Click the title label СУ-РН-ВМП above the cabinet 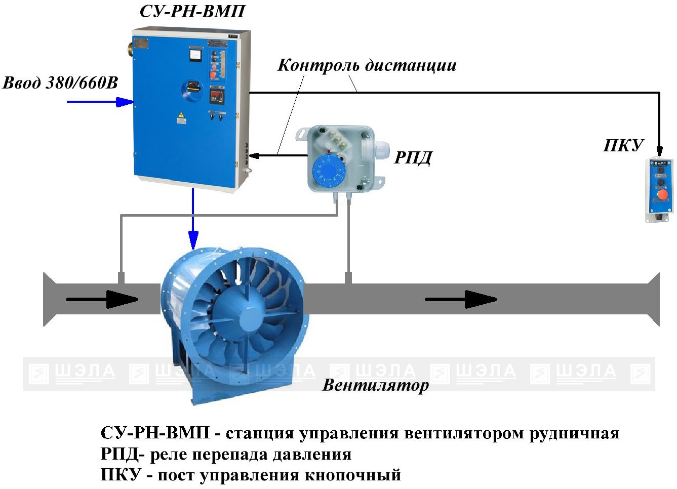point(192,11)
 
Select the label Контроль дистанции point(367,65)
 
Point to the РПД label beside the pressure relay point(413,158)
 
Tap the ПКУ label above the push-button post point(623,146)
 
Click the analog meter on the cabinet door point(194,54)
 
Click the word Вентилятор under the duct point(375,385)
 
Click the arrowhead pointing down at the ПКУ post point(659,151)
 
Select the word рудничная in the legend point(574,434)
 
